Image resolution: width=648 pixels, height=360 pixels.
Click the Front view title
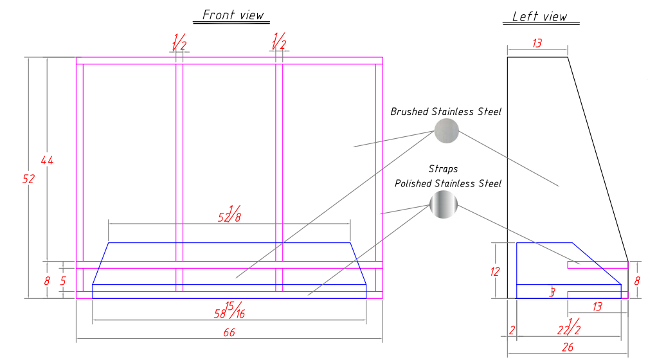pos(233,15)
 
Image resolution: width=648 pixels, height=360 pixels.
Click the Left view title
pos(540,17)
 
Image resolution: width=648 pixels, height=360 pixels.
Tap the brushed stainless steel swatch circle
pos(446,131)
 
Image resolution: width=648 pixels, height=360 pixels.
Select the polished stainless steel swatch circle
pos(444,206)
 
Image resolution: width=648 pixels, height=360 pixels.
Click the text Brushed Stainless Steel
pos(446,112)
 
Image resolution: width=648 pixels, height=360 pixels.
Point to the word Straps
pos(444,169)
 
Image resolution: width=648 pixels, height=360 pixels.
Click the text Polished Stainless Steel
pos(447,183)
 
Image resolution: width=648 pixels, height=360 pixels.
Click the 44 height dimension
pos(47,160)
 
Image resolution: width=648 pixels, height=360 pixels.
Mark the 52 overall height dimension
pos(28,179)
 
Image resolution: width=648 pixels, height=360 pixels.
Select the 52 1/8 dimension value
pos(230,215)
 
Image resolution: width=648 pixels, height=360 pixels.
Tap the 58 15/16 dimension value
pos(229,310)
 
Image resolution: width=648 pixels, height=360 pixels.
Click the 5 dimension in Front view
pos(63,280)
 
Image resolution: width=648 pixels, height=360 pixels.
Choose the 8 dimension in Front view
pos(47,280)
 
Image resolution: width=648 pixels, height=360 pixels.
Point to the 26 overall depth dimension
pos(567,348)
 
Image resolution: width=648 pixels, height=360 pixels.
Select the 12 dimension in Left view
pos(494,271)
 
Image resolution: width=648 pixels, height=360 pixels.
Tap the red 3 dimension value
pos(552,293)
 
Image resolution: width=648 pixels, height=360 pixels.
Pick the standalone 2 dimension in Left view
pos(512,330)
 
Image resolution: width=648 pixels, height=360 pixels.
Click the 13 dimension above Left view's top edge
pos(537,43)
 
